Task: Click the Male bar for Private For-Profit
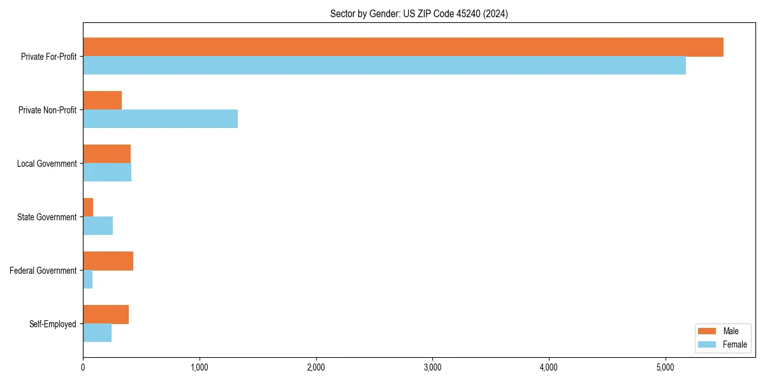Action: point(403,47)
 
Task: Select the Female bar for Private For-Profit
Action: point(384,66)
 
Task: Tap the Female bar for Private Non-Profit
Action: point(160,119)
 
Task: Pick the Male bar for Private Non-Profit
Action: point(102,101)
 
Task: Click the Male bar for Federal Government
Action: point(108,261)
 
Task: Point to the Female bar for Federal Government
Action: point(88,279)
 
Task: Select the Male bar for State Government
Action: point(88,208)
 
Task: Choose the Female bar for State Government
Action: point(98,226)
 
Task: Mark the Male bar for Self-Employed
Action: point(106,315)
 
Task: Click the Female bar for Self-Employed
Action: point(97,333)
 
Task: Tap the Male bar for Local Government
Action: point(106,154)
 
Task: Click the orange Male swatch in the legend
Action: point(708,331)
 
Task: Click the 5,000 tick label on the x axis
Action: point(666,367)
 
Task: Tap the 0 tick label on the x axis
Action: point(83,367)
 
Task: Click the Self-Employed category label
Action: point(52,324)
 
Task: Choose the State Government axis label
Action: point(47,217)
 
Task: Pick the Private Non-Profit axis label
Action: point(47,110)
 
